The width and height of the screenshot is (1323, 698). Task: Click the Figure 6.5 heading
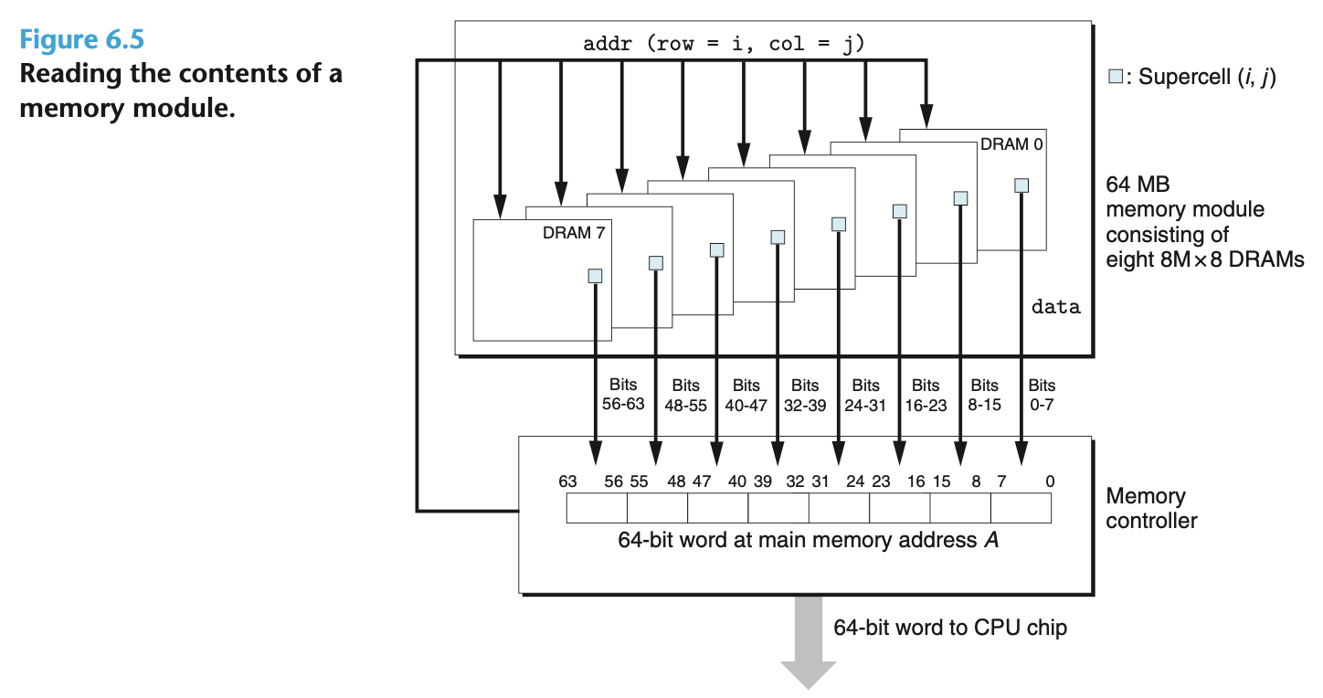[82, 40]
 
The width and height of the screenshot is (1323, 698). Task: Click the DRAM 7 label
[574, 233]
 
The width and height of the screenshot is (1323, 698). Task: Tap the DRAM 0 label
[1011, 143]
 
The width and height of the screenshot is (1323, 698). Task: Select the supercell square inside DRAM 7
[595, 275]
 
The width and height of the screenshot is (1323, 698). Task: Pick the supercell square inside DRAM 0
[1021, 185]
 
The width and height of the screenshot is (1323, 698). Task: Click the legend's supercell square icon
[1114, 77]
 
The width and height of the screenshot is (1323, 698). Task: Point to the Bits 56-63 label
[623, 395]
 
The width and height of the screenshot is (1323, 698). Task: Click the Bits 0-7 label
[1042, 395]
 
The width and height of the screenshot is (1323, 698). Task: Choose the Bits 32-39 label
[805, 395]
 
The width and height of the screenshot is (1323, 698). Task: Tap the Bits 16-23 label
[926, 395]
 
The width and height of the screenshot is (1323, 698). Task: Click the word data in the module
[1055, 307]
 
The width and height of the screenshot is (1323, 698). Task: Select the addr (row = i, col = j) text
[723, 44]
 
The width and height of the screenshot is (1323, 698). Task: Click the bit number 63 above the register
[568, 481]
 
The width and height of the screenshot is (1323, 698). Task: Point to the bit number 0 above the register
[1050, 481]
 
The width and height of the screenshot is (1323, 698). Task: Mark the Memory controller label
[1150, 509]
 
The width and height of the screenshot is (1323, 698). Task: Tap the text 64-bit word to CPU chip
[949, 628]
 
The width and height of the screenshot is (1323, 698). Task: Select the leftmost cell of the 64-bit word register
[597, 508]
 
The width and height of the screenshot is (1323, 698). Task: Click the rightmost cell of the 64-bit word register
[1021, 508]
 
